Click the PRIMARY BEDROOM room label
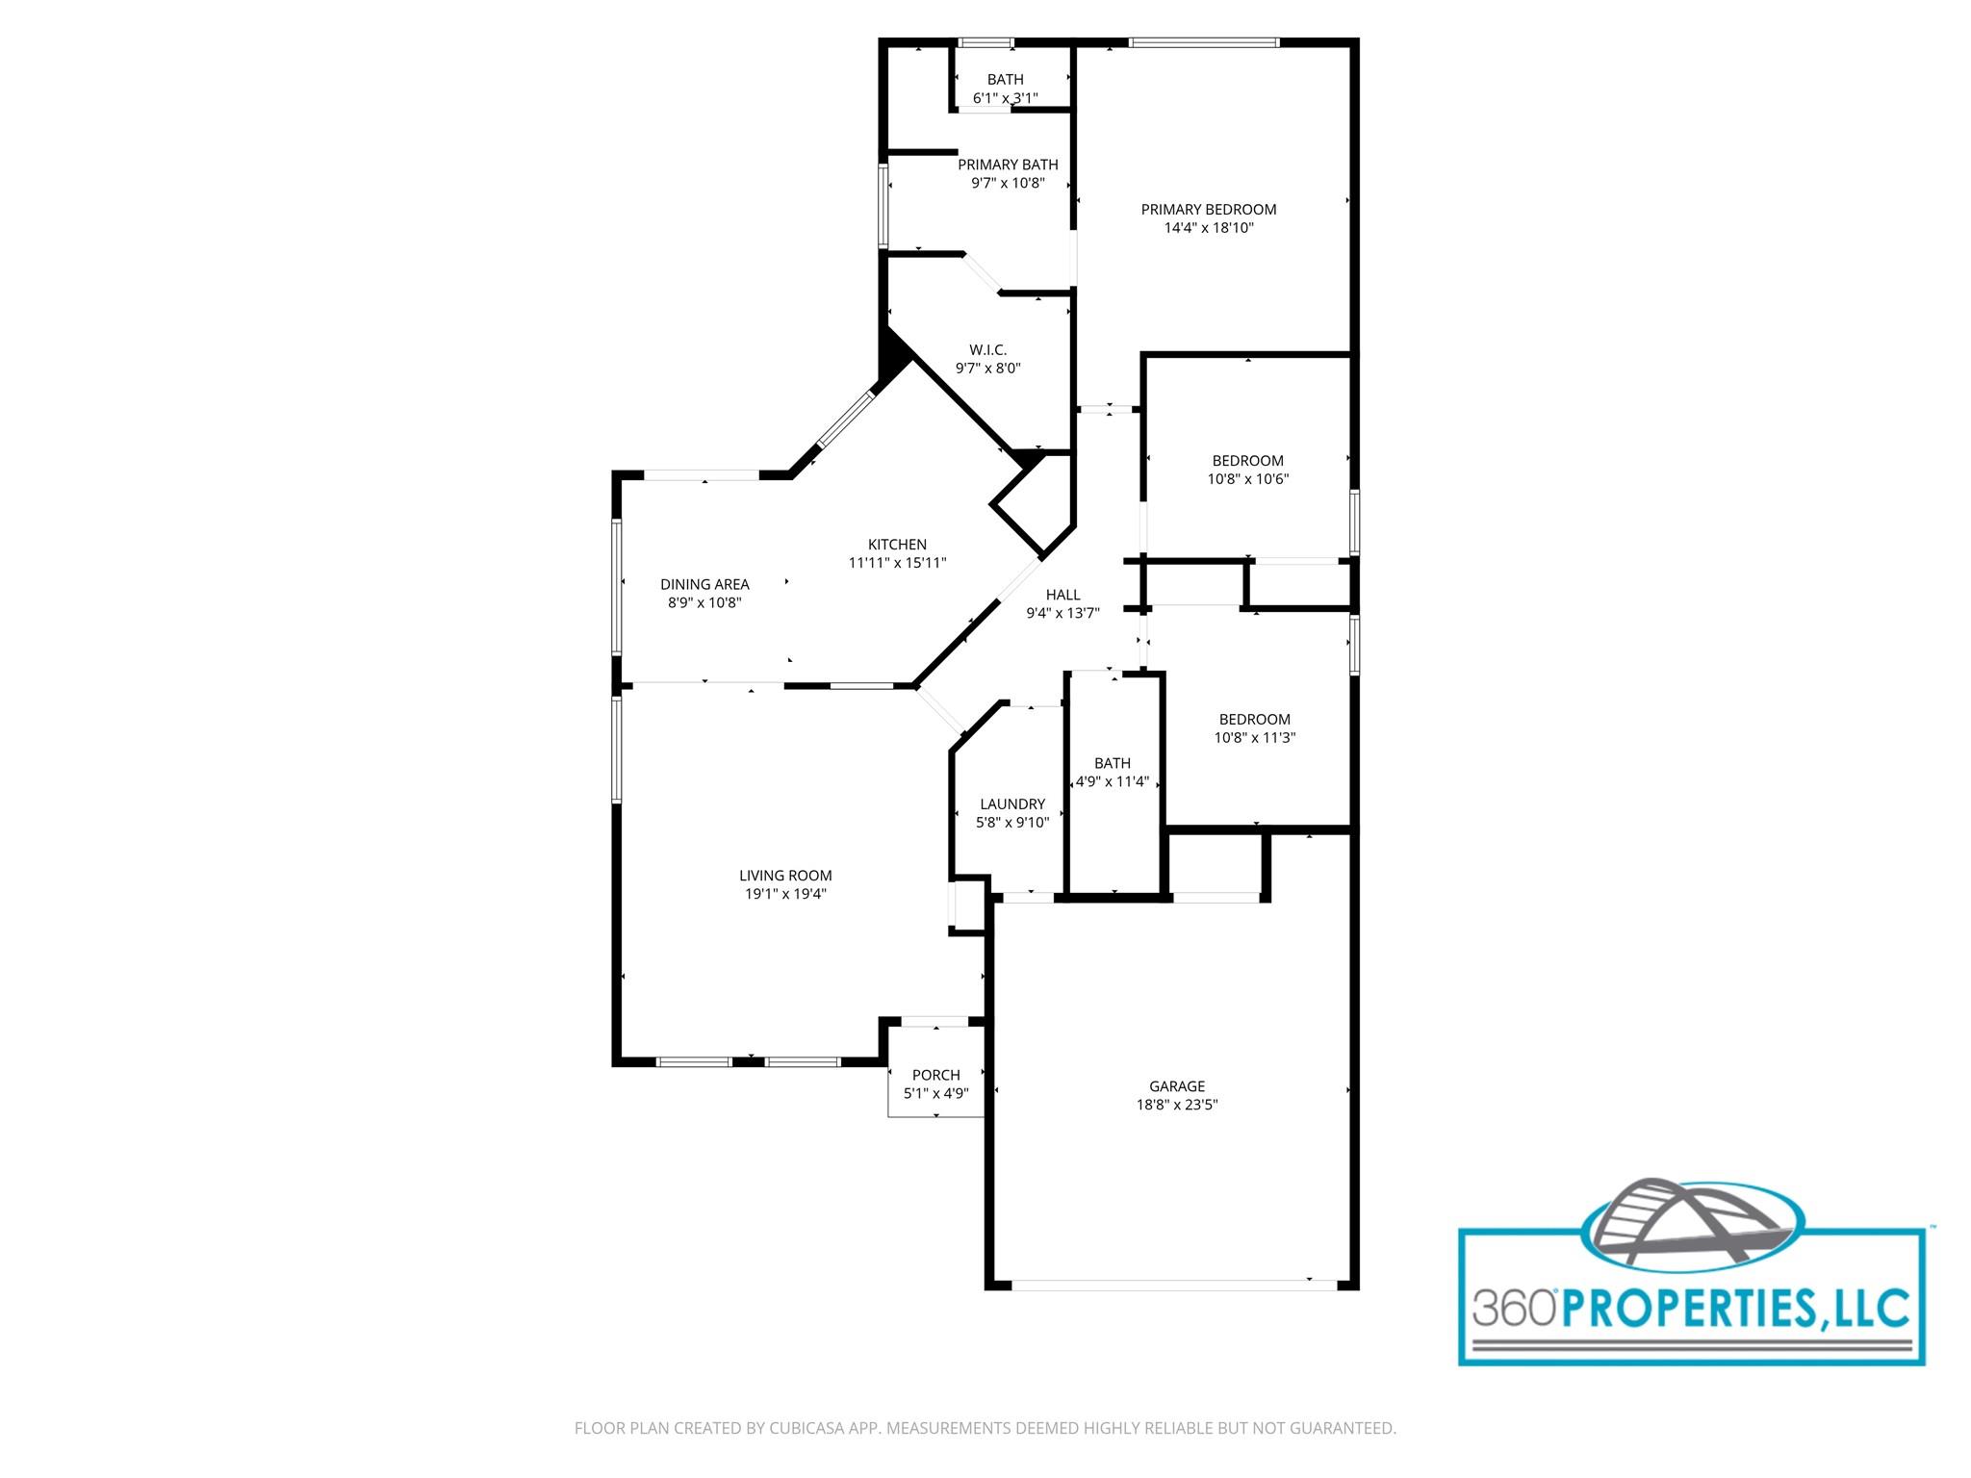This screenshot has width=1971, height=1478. pos(1209,210)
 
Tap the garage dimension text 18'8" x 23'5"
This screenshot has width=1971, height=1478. pos(1177,1105)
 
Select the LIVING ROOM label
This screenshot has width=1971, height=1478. pos(785,876)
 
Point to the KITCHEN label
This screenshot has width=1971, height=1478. pos(897,545)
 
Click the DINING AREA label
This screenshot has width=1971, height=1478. pos(704,584)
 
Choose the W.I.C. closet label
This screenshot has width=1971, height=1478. pos(987,350)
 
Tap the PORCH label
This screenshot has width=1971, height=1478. pos(935,1075)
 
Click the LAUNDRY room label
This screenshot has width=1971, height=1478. pos(1012,804)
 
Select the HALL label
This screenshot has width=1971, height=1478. pos(1063,595)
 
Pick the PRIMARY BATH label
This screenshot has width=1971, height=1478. pos(1008,165)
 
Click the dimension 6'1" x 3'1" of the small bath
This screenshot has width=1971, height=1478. pos(1005,98)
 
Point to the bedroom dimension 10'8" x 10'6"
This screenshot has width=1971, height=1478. pos(1247,479)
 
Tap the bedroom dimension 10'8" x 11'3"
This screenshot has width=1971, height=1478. pos(1255,738)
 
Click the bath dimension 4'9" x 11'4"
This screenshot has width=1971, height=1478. pos(1113,781)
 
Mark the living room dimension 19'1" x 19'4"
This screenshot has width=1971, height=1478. pos(785,894)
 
